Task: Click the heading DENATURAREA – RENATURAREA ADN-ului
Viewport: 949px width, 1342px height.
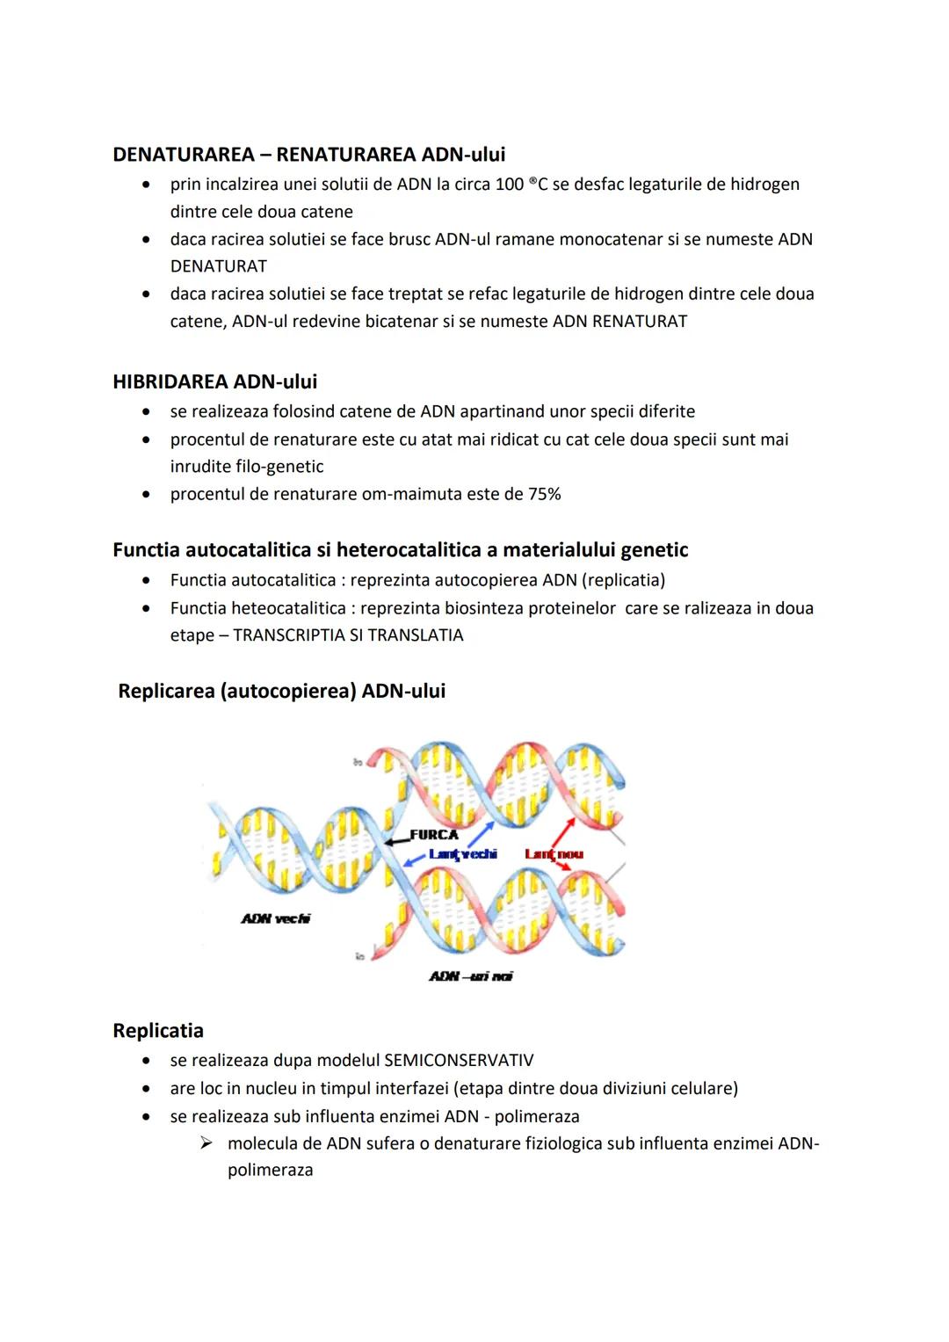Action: click(x=308, y=155)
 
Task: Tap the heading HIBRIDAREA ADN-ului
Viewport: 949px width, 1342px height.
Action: click(x=214, y=381)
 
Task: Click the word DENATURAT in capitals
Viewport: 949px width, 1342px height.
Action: click(x=218, y=266)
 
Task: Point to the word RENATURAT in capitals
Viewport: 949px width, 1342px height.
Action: click(x=640, y=322)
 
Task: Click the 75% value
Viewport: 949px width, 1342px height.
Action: click(x=544, y=494)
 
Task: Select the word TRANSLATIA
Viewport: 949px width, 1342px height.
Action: click(x=419, y=635)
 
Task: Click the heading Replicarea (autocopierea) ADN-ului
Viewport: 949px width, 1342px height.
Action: click(x=281, y=691)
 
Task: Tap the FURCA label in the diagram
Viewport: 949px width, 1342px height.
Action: click(x=434, y=835)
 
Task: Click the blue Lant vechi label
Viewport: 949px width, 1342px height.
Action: click(x=462, y=854)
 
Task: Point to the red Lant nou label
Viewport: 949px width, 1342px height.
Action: click(x=554, y=854)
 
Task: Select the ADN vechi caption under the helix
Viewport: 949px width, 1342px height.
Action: click(x=275, y=918)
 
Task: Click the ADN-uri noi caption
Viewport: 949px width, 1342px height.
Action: click(x=470, y=976)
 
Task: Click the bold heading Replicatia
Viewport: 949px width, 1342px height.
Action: click(x=158, y=1031)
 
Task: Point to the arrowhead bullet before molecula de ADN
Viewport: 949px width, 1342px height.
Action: click(x=206, y=1143)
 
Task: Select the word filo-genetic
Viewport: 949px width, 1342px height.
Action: click(x=279, y=467)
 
